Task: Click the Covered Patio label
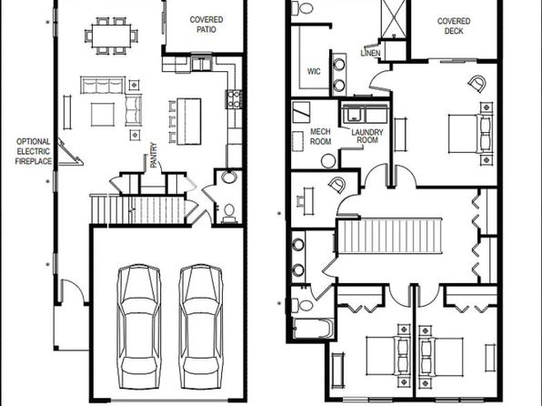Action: pyautogui.click(x=206, y=25)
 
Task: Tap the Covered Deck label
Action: pyautogui.click(x=454, y=26)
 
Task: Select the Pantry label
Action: pyautogui.click(x=154, y=155)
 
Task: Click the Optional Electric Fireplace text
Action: pyautogui.click(x=34, y=151)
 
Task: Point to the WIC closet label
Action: pyautogui.click(x=314, y=71)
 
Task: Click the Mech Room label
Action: pyautogui.click(x=320, y=137)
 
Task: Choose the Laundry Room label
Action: pyautogui.click(x=367, y=136)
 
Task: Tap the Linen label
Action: pyautogui.click(x=370, y=53)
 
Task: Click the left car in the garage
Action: pyautogui.click(x=139, y=327)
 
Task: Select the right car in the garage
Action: pyautogui.click(x=201, y=327)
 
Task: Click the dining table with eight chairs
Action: pyautogui.click(x=111, y=36)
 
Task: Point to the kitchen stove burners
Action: pyautogui.click(x=234, y=98)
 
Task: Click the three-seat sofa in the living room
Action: pyautogui.click(x=103, y=86)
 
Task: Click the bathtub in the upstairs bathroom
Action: pyautogui.click(x=313, y=328)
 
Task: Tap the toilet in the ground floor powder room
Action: pyautogui.click(x=229, y=211)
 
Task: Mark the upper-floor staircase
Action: pyautogui.click(x=389, y=236)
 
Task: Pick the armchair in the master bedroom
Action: pyautogui.click(x=477, y=84)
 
